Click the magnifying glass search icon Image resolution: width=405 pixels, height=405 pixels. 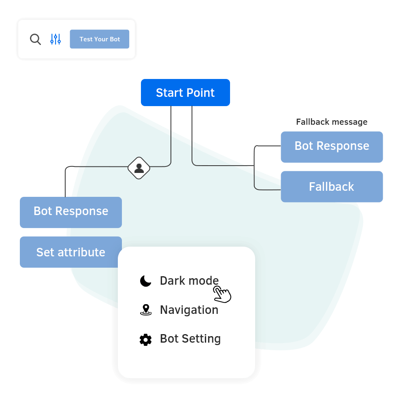35,39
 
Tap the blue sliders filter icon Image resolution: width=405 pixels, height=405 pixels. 55,39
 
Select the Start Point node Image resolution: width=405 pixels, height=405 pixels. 185,93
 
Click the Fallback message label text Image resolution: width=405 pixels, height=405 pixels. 331,122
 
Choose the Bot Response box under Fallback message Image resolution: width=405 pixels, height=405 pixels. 331,146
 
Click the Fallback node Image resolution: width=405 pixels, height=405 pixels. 331,187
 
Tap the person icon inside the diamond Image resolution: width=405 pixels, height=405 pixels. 139,168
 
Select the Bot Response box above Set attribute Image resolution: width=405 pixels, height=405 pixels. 70,211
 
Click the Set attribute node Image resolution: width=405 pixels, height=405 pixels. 70,252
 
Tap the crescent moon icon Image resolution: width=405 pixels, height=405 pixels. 145,281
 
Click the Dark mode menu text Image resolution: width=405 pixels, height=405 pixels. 189,281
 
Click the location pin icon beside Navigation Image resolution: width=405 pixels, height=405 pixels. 145,310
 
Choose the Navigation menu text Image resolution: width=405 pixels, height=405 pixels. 189,310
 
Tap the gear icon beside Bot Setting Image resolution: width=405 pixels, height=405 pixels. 145,339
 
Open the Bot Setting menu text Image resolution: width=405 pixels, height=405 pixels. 190,339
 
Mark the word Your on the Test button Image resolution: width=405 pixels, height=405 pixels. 101,39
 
